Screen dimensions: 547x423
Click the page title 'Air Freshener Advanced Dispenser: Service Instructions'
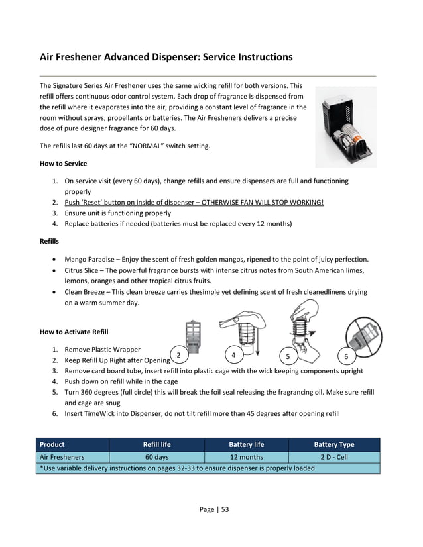[x=166, y=57]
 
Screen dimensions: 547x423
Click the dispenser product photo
[x=345, y=126]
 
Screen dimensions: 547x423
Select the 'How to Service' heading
[x=63, y=163]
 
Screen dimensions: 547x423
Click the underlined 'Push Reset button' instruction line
[x=194, y=202]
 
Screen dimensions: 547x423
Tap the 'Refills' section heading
[x=50, y=241]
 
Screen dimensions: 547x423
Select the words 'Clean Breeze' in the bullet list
[x=86, y=292]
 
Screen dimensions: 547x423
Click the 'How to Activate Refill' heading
[x=74, y=331]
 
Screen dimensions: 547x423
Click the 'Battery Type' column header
[x=333, y=444]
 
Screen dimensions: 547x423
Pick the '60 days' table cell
[x=156, y=457]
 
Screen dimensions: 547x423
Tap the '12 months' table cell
[x=246, y=457]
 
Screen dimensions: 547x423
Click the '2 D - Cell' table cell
[x=333, y=457]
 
